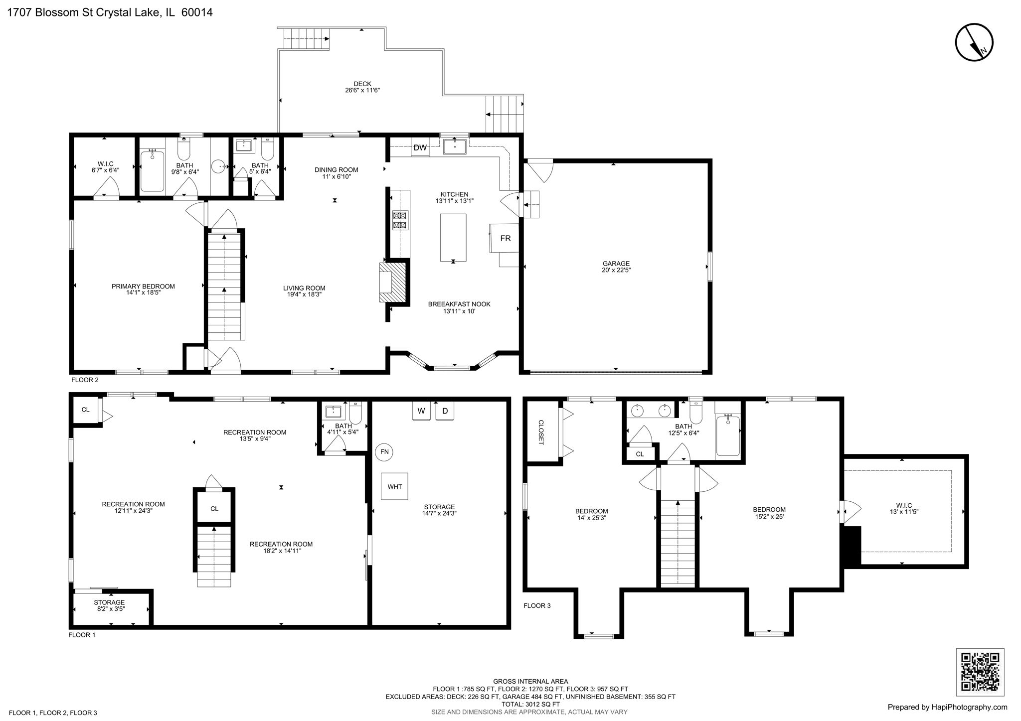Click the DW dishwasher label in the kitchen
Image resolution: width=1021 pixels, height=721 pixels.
[420, 147]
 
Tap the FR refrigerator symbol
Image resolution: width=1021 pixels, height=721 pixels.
[505, 238]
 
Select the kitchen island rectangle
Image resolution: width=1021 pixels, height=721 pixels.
[453, 238]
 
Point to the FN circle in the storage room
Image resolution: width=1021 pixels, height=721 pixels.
[384, 452]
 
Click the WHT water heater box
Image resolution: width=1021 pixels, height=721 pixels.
[394, 486]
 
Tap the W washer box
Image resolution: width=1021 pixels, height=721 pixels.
[421, 411]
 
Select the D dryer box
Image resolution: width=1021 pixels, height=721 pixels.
[445, 411]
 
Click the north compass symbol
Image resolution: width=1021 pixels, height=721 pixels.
[974, 42]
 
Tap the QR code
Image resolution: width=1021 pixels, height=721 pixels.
[980, 672]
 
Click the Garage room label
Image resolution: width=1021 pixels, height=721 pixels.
[616, 264]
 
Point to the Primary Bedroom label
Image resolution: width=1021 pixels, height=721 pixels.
[143, 287]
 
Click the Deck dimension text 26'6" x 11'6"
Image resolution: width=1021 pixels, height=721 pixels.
[362, 91]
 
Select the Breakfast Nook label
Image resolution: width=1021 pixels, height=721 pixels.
[459, 304]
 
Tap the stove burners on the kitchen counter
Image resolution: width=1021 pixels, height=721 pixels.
[400, 220]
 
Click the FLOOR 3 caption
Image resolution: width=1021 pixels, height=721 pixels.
[537, 606]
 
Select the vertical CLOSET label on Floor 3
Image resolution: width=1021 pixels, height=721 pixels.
[541, 432]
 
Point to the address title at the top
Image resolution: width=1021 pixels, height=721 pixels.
[110, 12]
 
